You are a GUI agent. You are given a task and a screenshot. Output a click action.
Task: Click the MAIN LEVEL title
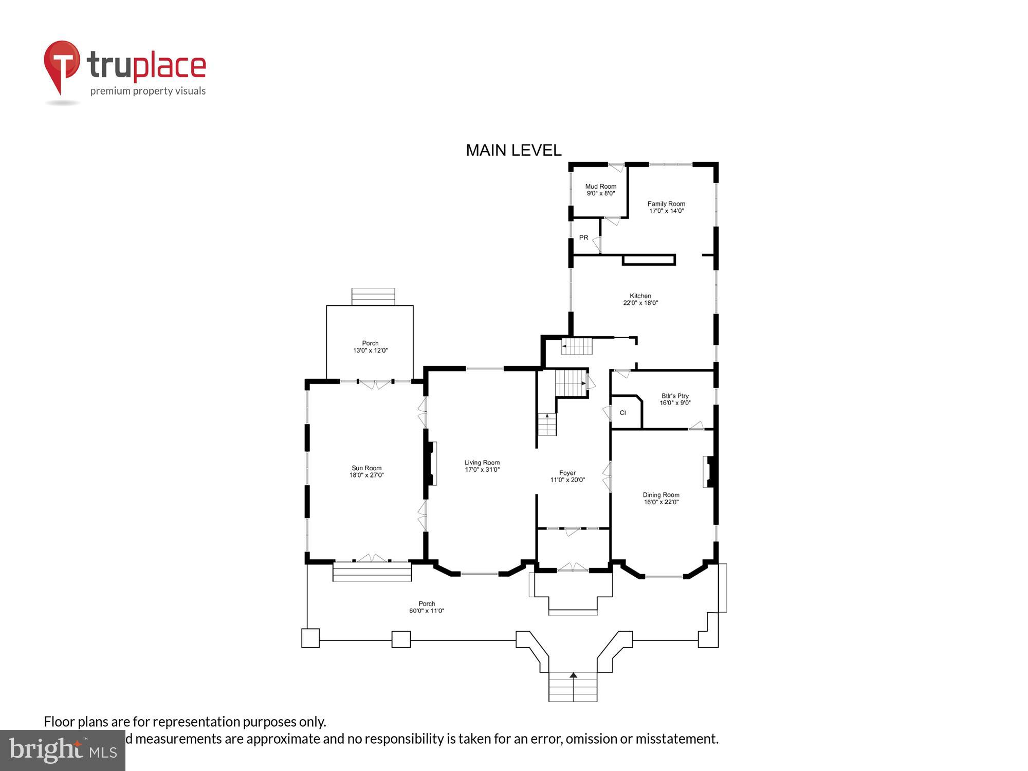point(513,150)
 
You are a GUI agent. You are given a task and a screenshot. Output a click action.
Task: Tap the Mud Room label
point(600,187)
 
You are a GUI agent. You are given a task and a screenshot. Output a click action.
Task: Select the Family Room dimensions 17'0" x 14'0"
point(666,211)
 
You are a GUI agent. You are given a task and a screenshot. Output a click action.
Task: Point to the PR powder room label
point(583,237)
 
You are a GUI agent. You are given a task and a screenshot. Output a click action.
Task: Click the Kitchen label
point(640,296)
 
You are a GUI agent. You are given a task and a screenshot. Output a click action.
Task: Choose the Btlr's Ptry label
point(674,396)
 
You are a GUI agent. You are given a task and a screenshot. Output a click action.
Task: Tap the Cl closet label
point(622,413)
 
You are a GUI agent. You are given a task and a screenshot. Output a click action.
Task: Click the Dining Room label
point(660,495)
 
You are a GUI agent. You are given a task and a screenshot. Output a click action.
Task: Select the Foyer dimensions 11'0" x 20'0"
point(567,480)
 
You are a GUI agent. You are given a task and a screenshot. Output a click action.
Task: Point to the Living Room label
point(482,463)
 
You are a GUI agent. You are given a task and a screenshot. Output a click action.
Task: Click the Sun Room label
point(366,468)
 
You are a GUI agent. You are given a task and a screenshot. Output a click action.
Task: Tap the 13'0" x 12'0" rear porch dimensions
point(370,351)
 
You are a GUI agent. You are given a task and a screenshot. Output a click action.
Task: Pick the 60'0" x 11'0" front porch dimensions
point(426,611)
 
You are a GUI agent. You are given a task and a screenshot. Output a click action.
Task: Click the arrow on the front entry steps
point(573,675)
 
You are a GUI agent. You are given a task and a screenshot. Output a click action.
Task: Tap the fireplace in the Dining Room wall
point(708,472)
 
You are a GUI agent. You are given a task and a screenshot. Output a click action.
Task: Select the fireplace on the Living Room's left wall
point(431,463)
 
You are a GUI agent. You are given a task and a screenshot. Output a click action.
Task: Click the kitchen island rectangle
point(648,260)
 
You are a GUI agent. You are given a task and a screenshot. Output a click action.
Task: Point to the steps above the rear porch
point(373,297)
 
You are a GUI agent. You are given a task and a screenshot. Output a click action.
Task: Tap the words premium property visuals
point(148,91)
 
